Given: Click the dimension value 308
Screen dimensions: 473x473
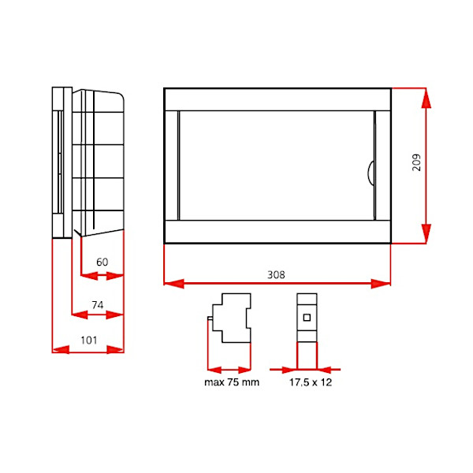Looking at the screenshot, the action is click(276, 274).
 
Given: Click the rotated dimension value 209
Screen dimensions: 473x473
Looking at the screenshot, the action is click(416, 162).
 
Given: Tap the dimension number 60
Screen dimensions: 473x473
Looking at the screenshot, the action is click(102, 262).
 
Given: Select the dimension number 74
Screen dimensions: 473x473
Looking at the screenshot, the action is click(98, 305).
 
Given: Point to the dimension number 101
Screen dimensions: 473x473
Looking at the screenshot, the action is click(88, 341).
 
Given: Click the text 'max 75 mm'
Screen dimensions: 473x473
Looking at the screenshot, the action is click(232, 382).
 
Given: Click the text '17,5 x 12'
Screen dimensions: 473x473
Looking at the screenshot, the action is click(311, 382).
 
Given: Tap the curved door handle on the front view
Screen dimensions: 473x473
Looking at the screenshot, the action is click(370, 173).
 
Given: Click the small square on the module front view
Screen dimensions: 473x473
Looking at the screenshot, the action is click(307, 318).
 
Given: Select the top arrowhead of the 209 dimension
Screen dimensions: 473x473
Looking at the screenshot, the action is click(426, 99).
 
